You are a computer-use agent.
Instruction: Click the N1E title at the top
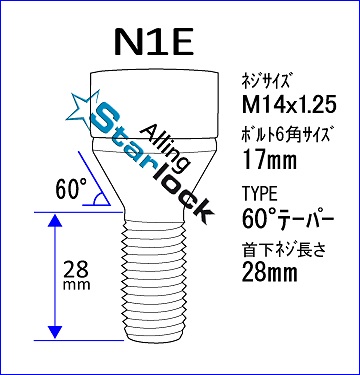pos(154,42)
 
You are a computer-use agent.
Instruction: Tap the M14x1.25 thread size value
pos(289,106)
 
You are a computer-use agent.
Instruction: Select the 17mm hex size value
pos(270,160)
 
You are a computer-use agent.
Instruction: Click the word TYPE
pos(260,194)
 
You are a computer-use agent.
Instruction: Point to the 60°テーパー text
pos(288,219)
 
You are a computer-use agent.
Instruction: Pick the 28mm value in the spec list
pos(270,272)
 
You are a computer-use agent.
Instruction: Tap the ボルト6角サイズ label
pos(288,136)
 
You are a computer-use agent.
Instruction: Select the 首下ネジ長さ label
pos(283,250)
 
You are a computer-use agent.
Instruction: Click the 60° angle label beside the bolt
pos(71,189)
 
